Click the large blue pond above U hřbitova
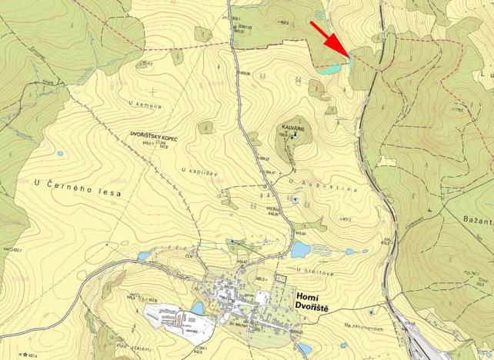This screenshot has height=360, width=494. point(301,249)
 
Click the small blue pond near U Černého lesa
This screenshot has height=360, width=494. point(60,153)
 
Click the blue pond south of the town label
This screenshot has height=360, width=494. point(305,348)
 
